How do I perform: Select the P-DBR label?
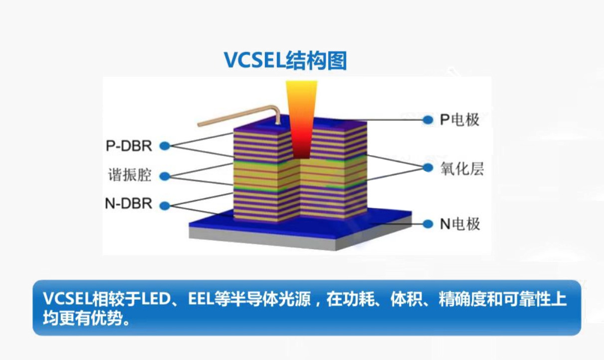pos(129,146)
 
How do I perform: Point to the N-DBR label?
pos(129,204)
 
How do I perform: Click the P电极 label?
pos(459,120)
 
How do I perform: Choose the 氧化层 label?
pos(462,169)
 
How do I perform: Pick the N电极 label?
pos(459,224)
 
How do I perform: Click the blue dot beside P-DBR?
pos(164,146)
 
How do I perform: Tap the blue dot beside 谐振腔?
pos(164,176)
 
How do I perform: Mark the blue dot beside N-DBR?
pos(164,205)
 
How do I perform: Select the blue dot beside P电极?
pos(427,120)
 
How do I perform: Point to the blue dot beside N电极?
pos(427,224)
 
